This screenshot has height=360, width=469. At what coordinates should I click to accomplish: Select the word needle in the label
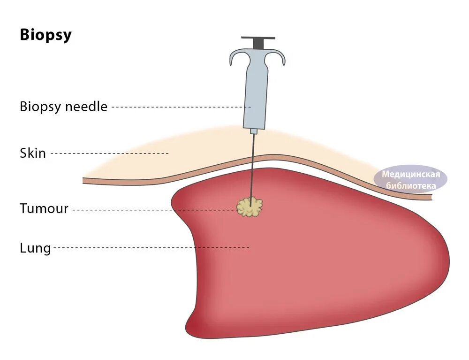click(x=86, y=107)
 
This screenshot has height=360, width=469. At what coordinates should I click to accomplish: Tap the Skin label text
click(x=33, y=153)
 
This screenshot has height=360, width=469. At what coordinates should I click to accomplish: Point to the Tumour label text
click(x=44, y=208)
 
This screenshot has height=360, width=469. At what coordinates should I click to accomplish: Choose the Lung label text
click(x=35, y=247)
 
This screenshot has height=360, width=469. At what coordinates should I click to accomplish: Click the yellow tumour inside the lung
click(x=250, y=207)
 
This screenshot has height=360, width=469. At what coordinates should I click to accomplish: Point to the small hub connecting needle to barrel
click(x=254, y=130)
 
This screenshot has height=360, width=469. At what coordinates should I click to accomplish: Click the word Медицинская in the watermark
click(x=411, y=175)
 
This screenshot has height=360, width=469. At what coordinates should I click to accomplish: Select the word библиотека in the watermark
click(x=411, y=185)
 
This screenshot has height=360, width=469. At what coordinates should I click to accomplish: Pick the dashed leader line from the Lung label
click(x=150, y=247)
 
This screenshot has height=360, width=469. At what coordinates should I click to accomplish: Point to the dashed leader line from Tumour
click(x=155, y=210)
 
